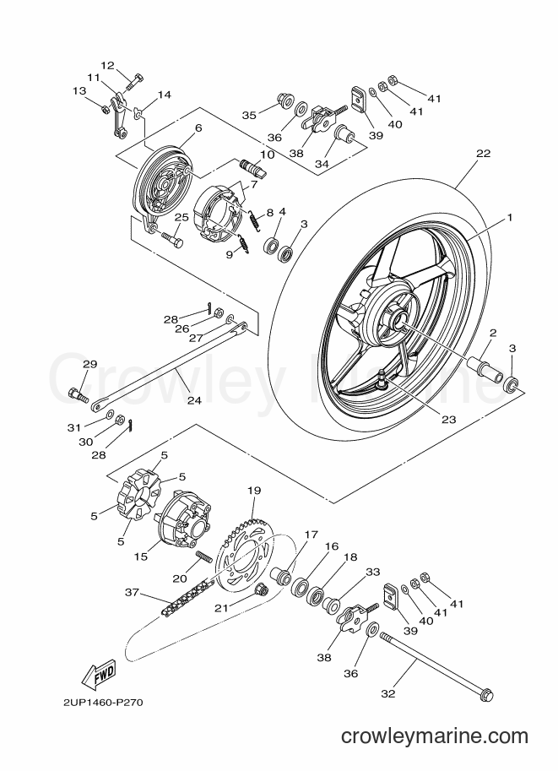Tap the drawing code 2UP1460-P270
(104, 702)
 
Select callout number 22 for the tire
(483, 154)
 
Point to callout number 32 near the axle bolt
(387, 693)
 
